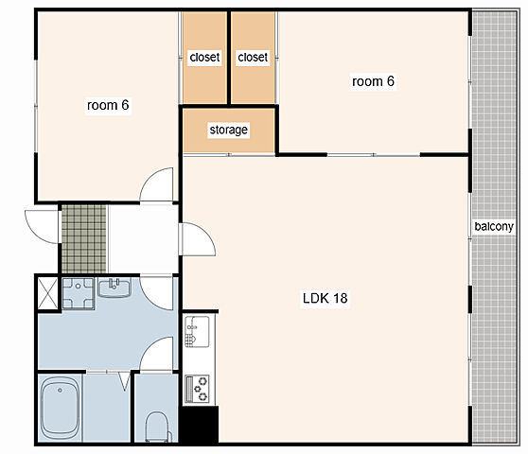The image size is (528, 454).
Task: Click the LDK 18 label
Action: [x=325, y=298]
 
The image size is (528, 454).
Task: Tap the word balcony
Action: [x=494, y=226]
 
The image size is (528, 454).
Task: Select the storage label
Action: [x=228, y=130]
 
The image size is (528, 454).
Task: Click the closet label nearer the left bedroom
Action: [x=204, y=57]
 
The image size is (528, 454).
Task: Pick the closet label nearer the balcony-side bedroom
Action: [x=253, y=57]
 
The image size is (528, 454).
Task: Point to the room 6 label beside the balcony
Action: [x=373, y=81]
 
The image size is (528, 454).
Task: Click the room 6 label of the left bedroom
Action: [x=108, y=105]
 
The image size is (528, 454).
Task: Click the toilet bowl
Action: [x=157, y=427]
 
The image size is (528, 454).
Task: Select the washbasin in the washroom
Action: [x=114, y=288]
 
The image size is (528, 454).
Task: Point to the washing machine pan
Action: [x=79, y=293]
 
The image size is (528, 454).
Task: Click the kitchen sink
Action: [x=197, y=332]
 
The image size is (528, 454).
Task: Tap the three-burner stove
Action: [x=197, y=389]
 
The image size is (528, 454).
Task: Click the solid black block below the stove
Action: [x=200, y=424]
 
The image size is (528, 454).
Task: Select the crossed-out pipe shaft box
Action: [x=47, y=293]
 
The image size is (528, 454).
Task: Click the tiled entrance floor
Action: [x=84, y=238]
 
